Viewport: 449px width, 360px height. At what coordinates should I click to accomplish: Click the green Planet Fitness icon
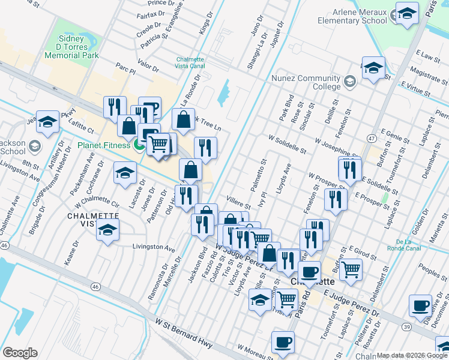[139, 145]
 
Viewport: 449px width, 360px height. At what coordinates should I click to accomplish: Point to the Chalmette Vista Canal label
[191, 63]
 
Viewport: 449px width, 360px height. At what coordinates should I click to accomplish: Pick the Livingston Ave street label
[153, 247]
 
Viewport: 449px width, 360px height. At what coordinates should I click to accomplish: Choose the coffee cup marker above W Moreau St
[282, 342]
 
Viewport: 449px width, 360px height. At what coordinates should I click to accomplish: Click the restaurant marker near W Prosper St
[335, 199]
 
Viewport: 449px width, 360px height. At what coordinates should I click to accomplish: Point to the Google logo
[20, 352]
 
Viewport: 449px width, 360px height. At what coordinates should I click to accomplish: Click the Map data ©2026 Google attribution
[412, 355]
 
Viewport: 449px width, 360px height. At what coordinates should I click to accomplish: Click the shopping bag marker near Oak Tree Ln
[184, 119]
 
